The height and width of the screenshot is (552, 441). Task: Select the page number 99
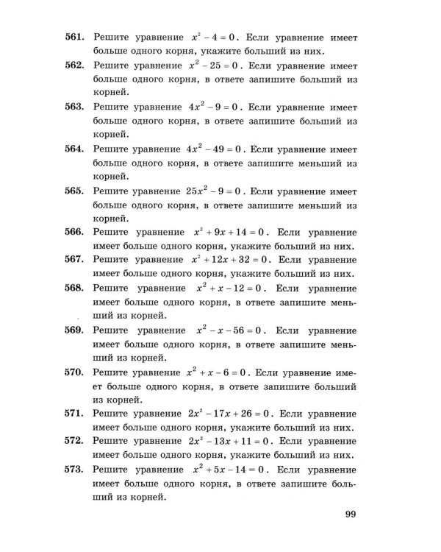click(350, 514)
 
